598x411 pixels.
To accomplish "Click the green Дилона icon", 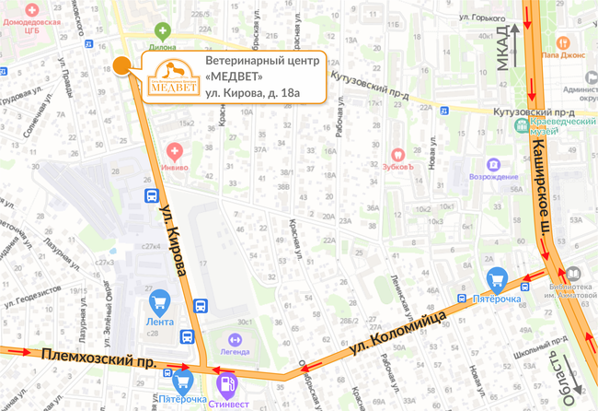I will [164, 31].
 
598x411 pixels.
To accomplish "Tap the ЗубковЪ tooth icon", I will [398, 153].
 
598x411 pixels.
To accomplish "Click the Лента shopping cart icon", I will [159, 300].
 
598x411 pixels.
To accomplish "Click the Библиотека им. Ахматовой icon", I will [572, 275].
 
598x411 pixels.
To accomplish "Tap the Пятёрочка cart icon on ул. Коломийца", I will [498, 277].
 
